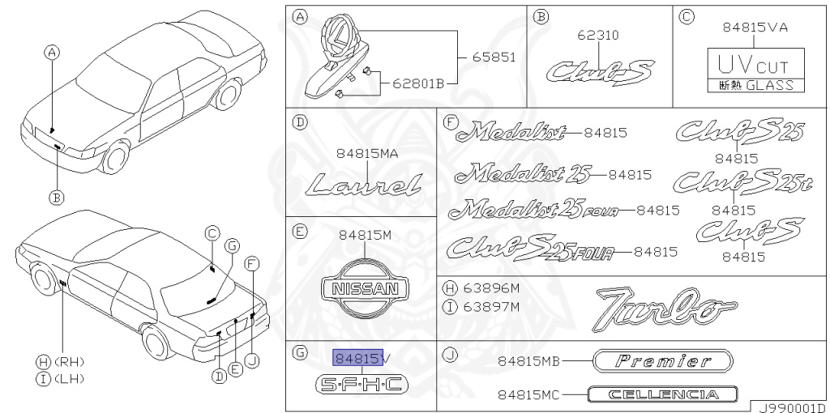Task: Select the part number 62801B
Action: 418,83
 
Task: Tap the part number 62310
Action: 598,36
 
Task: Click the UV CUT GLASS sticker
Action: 756,70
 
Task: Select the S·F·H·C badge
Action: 362,385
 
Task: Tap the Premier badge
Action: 663,361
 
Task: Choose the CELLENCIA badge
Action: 662,394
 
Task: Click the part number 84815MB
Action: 528,362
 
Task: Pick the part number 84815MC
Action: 528,395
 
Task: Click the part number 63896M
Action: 491,288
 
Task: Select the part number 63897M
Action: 491,307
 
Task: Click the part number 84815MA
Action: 367,154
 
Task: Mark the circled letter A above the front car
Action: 52,52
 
